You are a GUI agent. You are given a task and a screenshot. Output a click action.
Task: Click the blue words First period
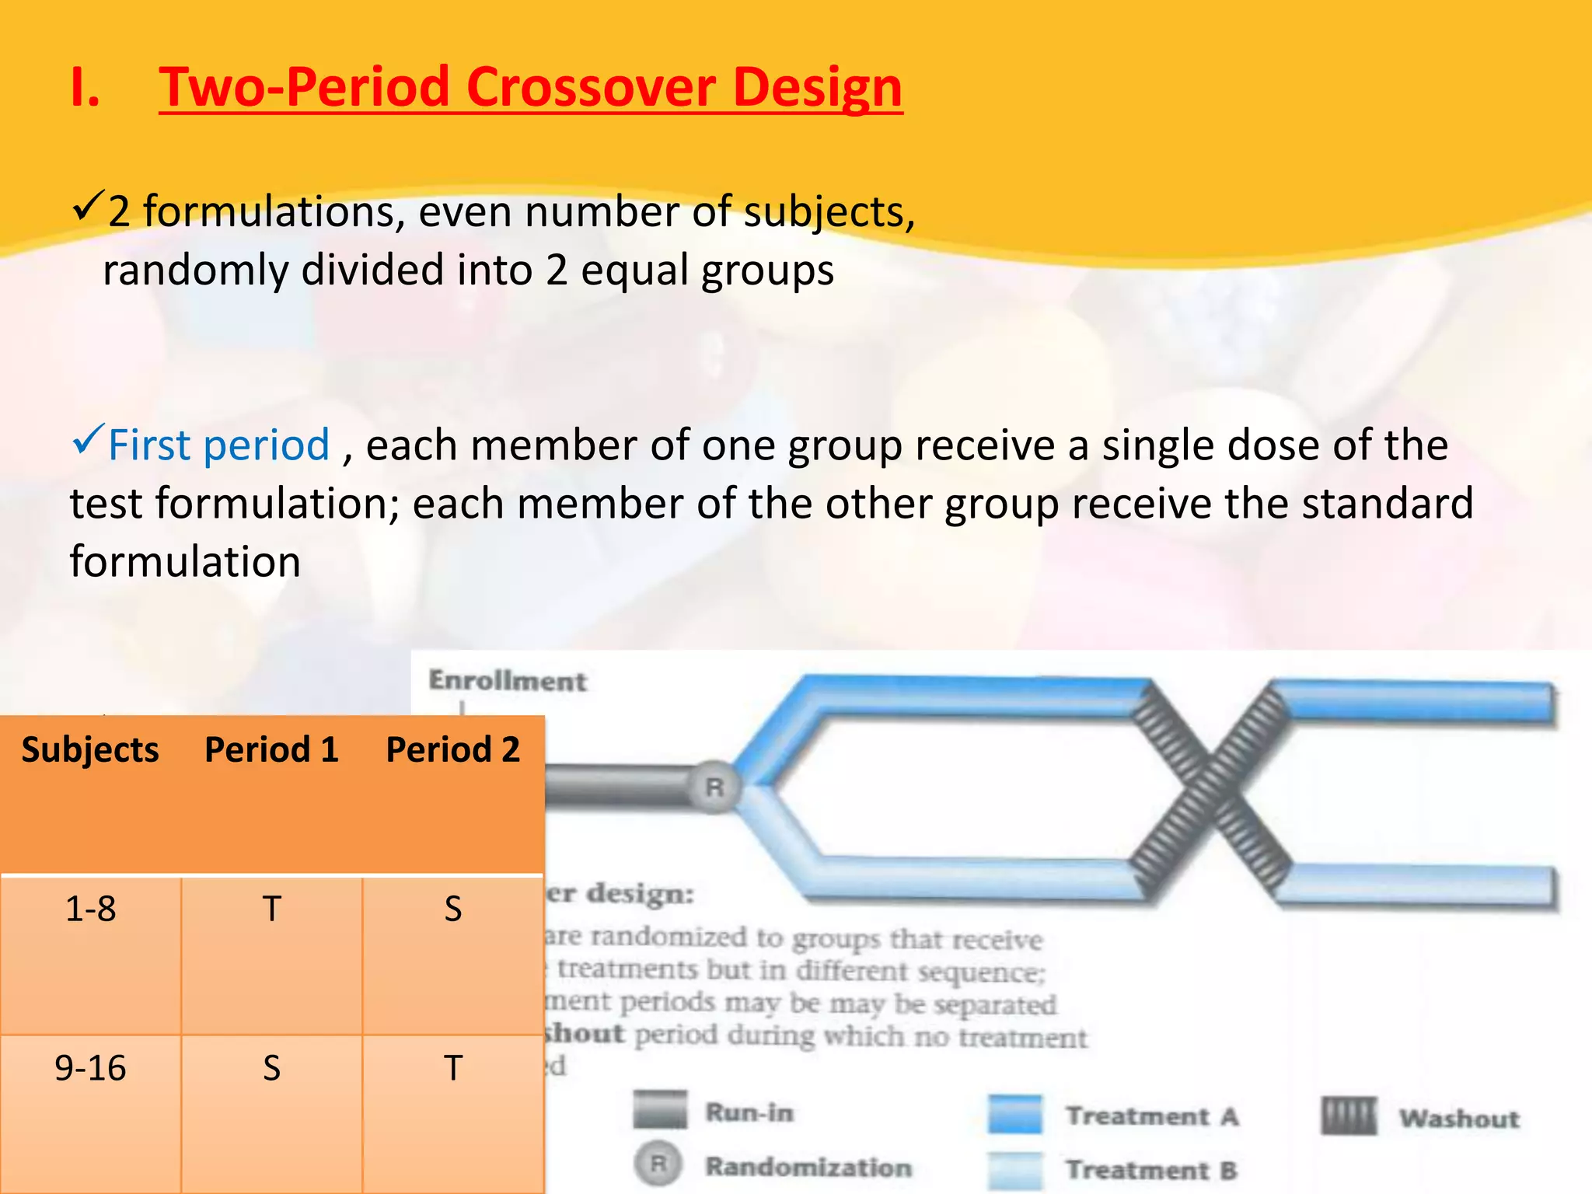[218, 445]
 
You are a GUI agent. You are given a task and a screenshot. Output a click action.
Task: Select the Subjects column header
[90, 750]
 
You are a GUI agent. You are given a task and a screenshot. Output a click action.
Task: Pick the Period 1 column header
[271, 750]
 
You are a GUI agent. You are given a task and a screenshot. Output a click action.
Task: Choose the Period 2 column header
[453, 750]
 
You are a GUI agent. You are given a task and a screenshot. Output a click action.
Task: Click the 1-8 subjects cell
[90, 909]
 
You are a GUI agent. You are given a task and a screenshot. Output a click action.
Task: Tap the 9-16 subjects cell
[90, 1068]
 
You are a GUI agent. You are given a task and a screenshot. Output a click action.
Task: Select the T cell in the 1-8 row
[271, 909]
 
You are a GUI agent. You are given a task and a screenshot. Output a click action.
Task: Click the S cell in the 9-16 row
[271, 1068]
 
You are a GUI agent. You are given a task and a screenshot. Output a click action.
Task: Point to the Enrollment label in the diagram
[508, 681]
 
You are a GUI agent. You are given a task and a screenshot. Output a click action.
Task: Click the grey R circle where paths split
[714, 787]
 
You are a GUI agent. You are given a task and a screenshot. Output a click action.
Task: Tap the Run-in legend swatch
[660, 1111]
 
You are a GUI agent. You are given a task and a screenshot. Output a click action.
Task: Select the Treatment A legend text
[1151, 1116]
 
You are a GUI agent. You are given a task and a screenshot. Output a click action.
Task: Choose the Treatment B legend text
[1151, 1170]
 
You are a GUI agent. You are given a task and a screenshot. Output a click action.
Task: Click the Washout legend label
[1459, 1119]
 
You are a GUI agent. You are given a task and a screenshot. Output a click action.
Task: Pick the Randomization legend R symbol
[658, 1164]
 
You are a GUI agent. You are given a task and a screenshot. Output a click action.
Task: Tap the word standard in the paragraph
[1388, 504]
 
